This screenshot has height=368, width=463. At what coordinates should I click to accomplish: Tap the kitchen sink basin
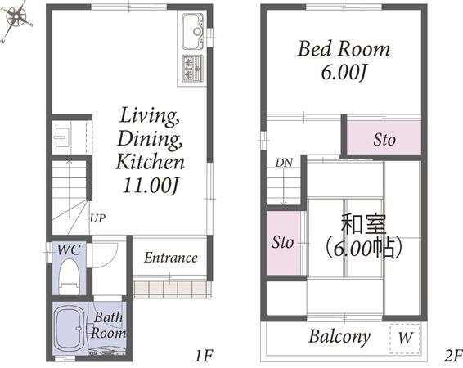tap(192, 31)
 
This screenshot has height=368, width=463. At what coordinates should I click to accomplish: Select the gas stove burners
tap(192, 69)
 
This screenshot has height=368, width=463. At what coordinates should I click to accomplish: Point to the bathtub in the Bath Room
tap(70, 327)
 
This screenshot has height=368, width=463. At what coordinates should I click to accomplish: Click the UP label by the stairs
tap(97, 218)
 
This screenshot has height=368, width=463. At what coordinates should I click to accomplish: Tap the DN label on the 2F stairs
tap(284, 163)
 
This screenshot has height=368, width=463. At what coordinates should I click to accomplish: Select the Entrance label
tap(171, 258)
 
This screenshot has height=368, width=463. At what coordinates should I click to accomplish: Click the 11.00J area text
tap(151, 186)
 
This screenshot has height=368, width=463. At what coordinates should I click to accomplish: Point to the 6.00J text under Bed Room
tap(344, 72)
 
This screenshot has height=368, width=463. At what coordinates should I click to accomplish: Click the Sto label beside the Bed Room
tap(384, 139)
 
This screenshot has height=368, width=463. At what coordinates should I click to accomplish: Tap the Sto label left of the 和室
tap(282, 242)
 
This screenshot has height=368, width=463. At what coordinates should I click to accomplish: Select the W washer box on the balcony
tap(405, 339)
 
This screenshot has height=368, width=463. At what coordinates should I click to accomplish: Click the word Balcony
tap(339, 337)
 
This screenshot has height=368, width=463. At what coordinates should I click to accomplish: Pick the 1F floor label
tap(204, 356)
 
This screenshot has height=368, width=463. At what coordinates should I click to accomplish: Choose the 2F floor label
tap(453, 356)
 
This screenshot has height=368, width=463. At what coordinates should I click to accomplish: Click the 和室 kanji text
tap(363, 225)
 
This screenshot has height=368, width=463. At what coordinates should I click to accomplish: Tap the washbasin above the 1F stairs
tap(62, 137)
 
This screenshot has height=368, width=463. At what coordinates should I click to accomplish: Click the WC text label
tap(69, 249)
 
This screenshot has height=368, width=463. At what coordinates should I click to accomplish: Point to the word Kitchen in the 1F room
tap(151, 162)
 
